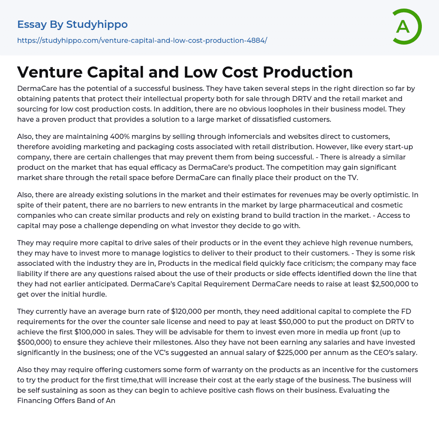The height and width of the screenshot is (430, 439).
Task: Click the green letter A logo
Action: coord(406,27)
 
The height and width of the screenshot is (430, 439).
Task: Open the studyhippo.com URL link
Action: coord(142,40)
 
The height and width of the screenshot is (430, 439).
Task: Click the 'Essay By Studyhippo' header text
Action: coord(72,24)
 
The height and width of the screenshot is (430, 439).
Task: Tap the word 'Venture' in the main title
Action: coord(48,72)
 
